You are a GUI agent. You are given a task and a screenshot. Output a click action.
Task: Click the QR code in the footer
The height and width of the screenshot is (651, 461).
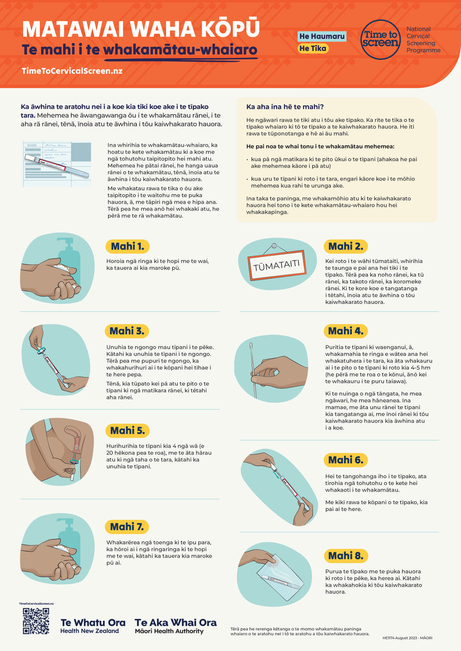coord(36,621)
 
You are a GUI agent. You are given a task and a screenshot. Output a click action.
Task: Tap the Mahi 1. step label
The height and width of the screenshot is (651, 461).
coord(127,247)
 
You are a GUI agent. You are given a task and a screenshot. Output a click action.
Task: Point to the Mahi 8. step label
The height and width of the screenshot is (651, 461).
coord(346,556)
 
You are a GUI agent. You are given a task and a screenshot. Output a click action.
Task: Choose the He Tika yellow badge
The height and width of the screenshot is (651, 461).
coord(313,48)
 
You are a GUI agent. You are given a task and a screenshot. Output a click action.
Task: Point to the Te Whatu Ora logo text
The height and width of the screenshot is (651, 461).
coord(93,626)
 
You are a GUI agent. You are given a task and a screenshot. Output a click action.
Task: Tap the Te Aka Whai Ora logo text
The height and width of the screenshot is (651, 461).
coord(175,626)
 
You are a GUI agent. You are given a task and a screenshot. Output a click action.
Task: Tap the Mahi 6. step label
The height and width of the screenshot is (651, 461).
coord(345,459)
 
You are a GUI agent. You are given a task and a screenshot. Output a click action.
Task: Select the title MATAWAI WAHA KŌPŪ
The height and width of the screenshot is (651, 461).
coord(141,28)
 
